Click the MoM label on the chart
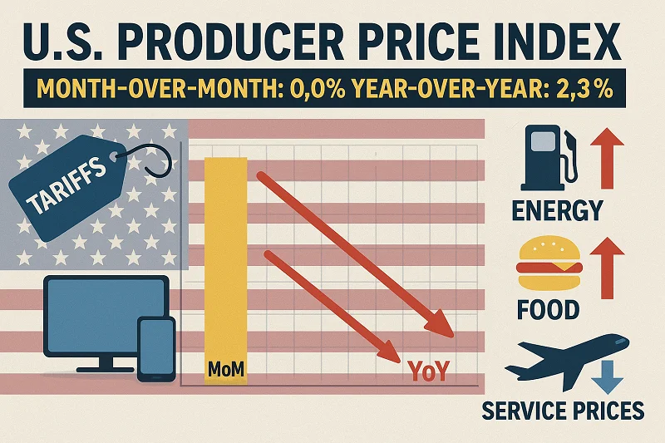[225, 368]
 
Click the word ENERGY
[557, 211]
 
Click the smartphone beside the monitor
[155, 348]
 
